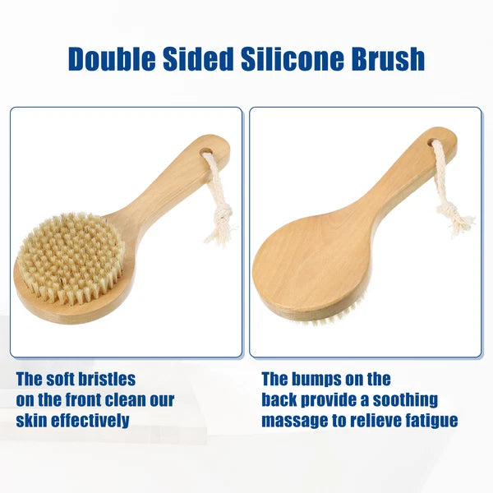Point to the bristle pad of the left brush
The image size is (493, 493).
coord(71,257)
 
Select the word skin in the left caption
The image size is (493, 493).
coord(35,422)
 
